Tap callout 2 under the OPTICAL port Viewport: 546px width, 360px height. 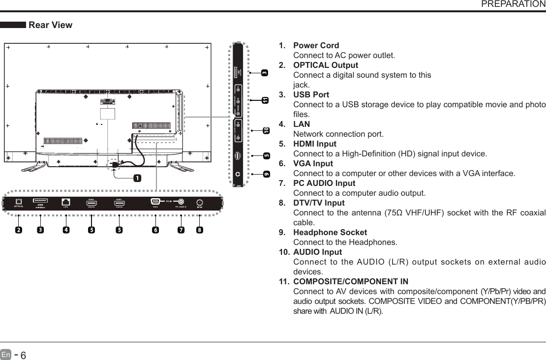(18, 230)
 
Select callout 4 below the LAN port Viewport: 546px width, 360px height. (65, 230)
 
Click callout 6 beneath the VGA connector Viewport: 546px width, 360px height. (155, 230)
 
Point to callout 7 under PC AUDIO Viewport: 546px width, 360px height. (181, 230)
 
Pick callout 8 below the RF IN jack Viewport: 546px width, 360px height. (199, 230)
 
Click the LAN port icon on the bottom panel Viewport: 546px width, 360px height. (66, 201)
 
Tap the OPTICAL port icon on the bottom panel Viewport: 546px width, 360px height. (19, 201)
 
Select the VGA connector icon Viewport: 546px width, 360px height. (155, 201)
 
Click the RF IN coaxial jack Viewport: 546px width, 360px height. (199, 202)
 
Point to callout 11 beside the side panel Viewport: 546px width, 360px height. (265, 100)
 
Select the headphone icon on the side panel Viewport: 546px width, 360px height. (238, 174)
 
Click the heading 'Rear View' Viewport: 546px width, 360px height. (51, 25)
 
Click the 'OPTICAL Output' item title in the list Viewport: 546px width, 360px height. (325, 65)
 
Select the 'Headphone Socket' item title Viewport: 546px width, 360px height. (330, 232)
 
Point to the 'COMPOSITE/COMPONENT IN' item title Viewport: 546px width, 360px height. (350, 282)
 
